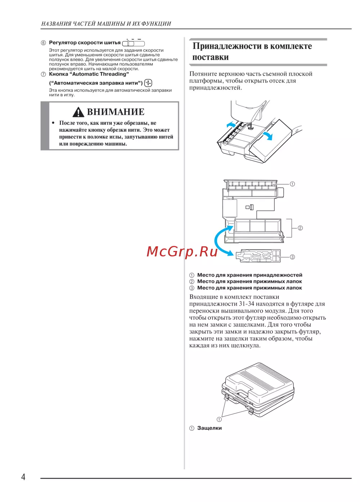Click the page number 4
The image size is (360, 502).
23,477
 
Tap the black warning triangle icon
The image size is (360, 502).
78,112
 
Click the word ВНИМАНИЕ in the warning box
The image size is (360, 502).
116,112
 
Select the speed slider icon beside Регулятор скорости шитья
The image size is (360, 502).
134,43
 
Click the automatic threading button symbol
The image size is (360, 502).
148,83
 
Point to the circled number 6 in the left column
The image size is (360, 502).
44,43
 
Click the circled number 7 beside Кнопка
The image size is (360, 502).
44,74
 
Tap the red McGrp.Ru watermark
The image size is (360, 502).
182,251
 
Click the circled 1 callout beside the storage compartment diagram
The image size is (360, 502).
292,184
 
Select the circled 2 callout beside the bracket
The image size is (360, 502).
300,228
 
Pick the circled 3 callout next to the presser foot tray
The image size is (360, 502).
292,257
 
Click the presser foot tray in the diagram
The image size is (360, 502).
258,256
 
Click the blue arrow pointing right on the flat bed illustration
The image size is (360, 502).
268,135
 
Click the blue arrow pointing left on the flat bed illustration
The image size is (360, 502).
231,125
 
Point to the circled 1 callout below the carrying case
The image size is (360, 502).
219,419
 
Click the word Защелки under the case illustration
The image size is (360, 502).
210,428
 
